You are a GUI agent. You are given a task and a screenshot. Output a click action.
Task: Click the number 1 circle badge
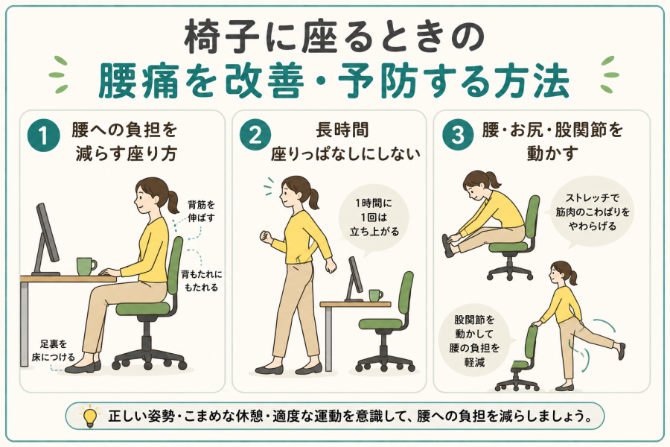(x=44, y=136)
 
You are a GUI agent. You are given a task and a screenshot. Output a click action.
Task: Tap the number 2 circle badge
(x=255, y=136)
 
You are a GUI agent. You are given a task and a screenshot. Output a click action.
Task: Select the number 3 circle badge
(x=458, y=136)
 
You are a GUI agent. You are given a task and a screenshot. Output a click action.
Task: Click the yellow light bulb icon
(x=90, y=416)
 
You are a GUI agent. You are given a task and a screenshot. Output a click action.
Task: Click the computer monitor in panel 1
(x=46, y=240)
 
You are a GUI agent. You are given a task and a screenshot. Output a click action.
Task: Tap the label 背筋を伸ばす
(x=201, y=212)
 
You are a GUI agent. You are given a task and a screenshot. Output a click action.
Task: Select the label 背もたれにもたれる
(x=201, y=281)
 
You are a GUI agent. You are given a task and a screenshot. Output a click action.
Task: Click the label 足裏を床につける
(x=53, y=350)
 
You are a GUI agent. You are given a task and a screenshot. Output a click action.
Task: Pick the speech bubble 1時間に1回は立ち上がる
(x=374, y=219)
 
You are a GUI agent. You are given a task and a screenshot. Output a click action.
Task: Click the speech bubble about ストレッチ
(x=592, y=212)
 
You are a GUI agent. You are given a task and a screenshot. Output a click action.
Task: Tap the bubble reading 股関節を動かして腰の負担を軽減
(x=474, y=341)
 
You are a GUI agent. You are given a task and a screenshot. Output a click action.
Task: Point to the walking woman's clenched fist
(x=266, y=237)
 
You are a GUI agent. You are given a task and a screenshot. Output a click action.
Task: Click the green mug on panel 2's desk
(x=376, y=295)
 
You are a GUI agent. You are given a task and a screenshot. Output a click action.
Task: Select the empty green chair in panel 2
(x=386, y=322)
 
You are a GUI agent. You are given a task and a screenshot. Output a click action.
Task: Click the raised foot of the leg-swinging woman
(x=620, y=350)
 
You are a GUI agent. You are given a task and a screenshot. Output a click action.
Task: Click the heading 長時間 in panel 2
(x=342, y=130)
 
